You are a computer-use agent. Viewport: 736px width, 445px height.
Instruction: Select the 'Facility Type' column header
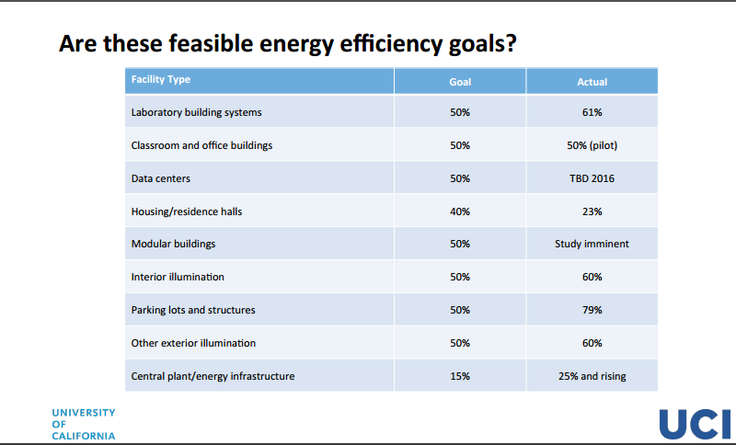[160, 79]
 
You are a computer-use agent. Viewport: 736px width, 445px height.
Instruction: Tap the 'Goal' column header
[460, 82]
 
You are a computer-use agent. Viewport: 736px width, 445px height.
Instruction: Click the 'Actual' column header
[592, 82]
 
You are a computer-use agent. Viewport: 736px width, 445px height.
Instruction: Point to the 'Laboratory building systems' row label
[196, 112]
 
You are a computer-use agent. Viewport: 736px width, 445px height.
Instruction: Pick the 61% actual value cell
[592, 112]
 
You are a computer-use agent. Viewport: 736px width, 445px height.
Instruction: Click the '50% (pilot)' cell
[592, 145]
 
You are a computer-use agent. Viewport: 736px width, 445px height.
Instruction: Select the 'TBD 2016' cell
[592, 178]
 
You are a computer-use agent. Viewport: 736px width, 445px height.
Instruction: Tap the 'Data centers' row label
[160, 178]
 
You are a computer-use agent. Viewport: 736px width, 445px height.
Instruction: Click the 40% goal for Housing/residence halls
[460, 211]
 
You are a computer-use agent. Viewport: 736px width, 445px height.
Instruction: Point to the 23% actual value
[592, 211]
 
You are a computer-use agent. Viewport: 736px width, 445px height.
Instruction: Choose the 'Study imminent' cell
[592, 244]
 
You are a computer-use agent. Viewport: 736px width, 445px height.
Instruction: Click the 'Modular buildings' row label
[173, 244]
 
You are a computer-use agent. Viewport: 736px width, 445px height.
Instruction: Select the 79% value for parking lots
[592, 310]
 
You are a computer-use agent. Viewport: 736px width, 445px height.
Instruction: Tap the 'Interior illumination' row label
[178, 277]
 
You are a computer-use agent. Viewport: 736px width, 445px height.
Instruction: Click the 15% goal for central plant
[460, 376]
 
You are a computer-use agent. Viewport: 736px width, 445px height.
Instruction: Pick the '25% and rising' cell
[592, 376]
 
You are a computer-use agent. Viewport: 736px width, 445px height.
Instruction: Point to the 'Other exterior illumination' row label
[193, 343]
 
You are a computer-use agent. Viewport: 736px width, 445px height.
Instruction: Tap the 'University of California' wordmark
[84, 425]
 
